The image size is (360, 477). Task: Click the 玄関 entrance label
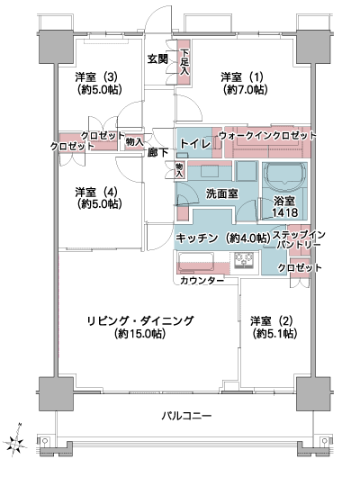pyautogui.click(x=157, y=58)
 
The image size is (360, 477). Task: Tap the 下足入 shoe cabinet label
pyautogui.click(x=184, y=62)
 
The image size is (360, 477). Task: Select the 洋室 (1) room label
pyautogui.click(x=242, y=77)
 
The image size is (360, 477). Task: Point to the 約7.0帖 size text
pyautogui.click(x=245, y=89)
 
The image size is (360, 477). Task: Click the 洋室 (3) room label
pyautogui.click(x=96, y=77)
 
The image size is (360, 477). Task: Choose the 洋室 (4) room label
pyautogui.click(x=96, y=193)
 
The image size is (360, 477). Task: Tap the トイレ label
pyautogui.click(x=195, y=144)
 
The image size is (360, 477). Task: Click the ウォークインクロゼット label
pyautogui.click(x=267, y=135)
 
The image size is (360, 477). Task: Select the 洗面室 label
pyautogui.click(x=221, y=193)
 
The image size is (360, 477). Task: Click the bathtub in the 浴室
pyautogui.click(x=285, y=175)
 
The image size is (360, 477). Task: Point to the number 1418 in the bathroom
pyautogui.click(x=284, y=212)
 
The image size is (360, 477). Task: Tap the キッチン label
pyautogui.click(x=197, y=238)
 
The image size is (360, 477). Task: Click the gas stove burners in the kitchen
pyautogui.click(x=244, y=260)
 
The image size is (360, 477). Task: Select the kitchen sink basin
pyautogui.click(x=196, y=261)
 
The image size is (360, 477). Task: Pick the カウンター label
pyautogui.click(x=202, y=281)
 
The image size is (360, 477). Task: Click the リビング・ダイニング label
pyautogui.click(x=140, y=321)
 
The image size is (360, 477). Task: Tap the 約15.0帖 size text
pyautogui.click(x=140, y=334)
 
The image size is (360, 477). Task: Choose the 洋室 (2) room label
pyautogui.click(x=272, y=321)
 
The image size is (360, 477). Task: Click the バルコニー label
pyautogui.click(x=186, y=416)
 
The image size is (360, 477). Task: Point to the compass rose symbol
pyautogui.click(x=15, y=440)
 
